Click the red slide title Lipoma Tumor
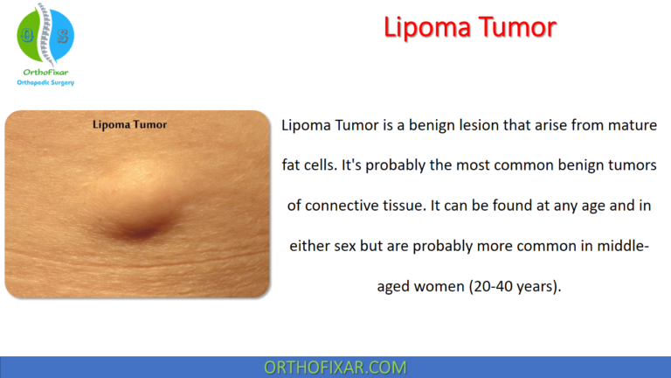[x=469, y=28]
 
